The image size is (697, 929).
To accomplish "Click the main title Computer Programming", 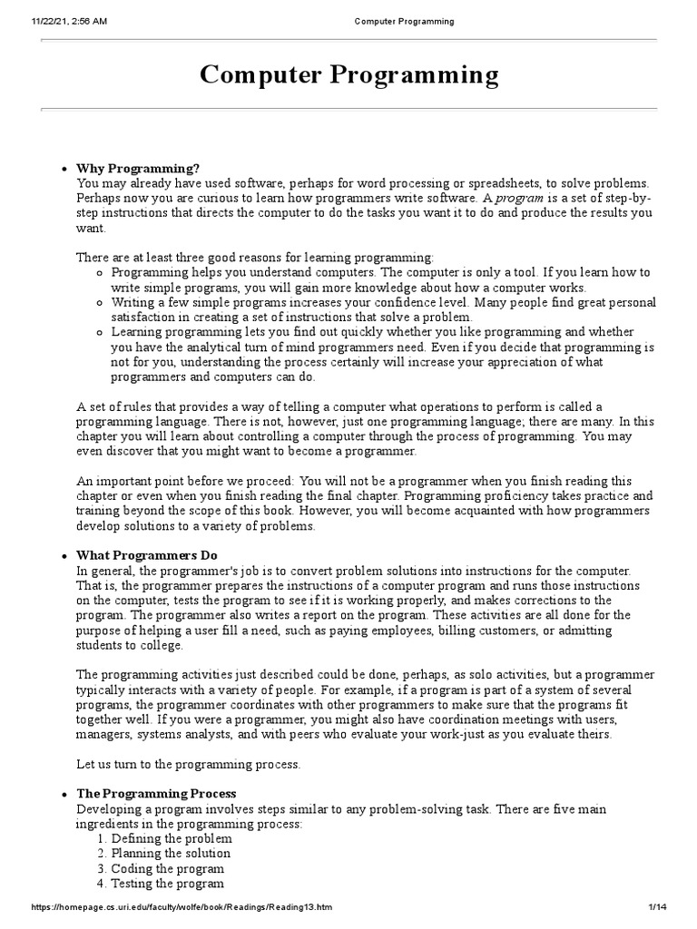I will pos(348,74).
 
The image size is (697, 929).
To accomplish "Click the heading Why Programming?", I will pos(137,168).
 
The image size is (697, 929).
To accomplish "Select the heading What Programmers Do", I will pos(146,555).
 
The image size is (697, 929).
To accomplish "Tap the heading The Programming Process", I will pos(156,793).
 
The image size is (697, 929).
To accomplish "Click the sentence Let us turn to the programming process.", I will pos(188,764).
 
